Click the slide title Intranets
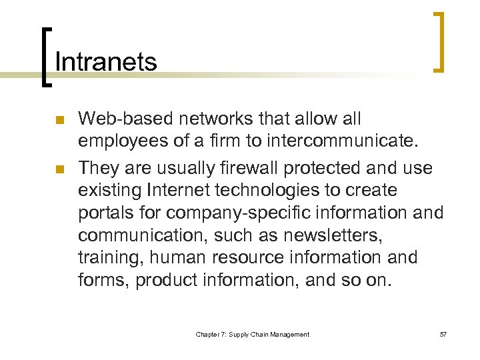(106, 62)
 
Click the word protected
(311, 168)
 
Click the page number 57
(443, 334)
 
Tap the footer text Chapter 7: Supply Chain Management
(253, 334)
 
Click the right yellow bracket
(439, 41)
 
